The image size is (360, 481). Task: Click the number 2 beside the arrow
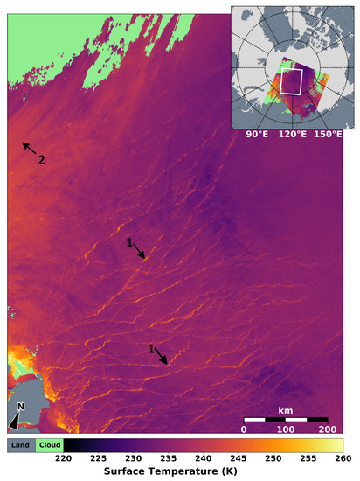(40, 159)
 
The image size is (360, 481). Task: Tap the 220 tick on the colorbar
(63, 457)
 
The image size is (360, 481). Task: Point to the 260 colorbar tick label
(343, 457)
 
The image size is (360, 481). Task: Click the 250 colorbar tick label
(273, 457)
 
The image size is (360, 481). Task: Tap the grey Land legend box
(21, 444)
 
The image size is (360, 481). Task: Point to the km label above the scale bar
(285, 409)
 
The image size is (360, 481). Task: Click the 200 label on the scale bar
(327, 429)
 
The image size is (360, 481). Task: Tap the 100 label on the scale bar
(285, 429)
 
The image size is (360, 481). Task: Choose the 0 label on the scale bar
(244, 429)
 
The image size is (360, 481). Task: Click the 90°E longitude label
(255, 134)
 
